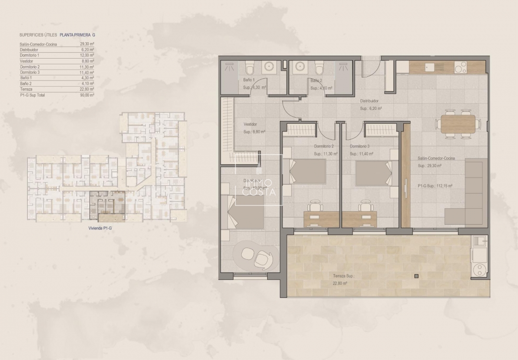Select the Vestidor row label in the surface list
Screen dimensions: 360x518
tap(26, 61)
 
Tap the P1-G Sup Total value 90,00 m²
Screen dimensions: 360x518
tap(87, 95)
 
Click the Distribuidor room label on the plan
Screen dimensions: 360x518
tap(370, 101)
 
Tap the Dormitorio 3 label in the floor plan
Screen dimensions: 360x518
tap(360, 146)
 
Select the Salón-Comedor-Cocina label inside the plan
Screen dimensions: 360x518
tap(436, 158)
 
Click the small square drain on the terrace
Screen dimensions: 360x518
tap(416, 276)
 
